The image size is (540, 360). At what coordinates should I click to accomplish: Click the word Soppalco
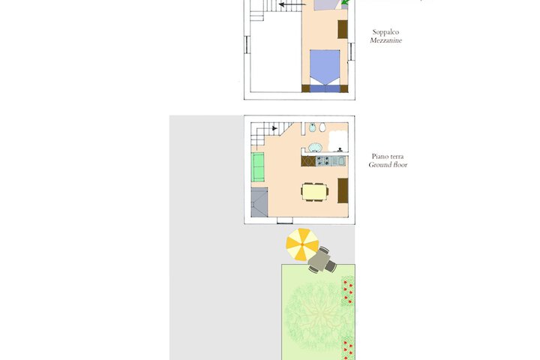tap(385, 32)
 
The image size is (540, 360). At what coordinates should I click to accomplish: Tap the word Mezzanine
tap(386, 40)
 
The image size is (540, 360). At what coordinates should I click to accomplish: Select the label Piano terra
tap(388, 157)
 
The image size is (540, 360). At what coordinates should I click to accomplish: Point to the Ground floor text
tap(388, 165)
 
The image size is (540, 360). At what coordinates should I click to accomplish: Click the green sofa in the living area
tap(257, 167)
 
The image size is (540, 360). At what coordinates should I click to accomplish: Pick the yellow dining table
tap(314, 191)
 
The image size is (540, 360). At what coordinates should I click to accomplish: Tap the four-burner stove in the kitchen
tap(323, 161)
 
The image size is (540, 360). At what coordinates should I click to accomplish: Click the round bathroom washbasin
tap(315, 148)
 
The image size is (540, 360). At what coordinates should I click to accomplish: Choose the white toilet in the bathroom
tap(322, 127)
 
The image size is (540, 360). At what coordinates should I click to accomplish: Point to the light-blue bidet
tap(312, 127)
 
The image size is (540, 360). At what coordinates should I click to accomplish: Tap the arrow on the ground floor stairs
tap(274, 128)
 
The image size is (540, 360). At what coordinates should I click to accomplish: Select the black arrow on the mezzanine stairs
tap(292, 4)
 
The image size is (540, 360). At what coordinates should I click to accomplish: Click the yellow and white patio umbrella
tap(302, 244)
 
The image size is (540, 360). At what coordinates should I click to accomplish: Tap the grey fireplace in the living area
tap(259, 202)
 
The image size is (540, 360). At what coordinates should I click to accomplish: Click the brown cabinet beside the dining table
tap(343, 190)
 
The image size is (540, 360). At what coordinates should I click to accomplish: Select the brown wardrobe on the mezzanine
tap(342, 29)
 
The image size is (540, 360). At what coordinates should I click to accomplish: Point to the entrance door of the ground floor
tap(285, 220)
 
